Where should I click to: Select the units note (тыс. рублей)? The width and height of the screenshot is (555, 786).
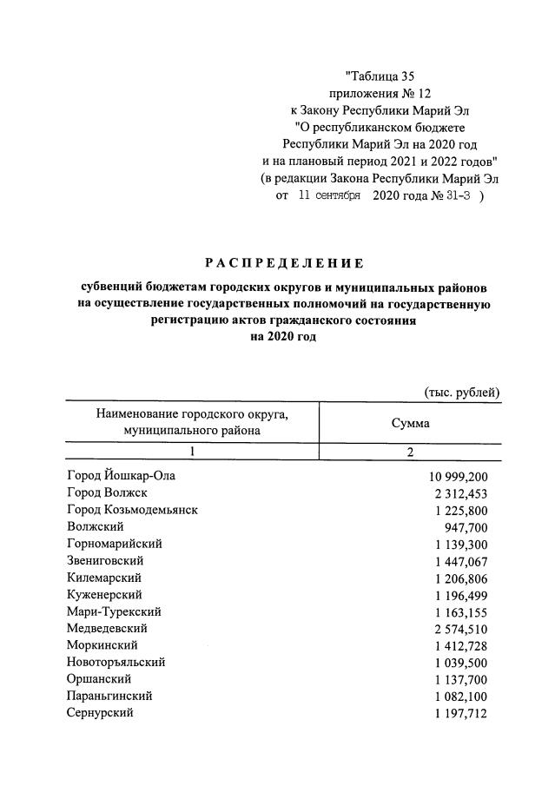point(462,392)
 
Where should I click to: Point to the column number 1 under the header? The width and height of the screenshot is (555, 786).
point(193,452)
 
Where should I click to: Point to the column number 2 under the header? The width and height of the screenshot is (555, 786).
point(410,452)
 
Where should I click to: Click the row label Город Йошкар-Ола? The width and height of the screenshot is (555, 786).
point(126,477)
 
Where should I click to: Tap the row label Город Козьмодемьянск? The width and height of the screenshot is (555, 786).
point(132,510)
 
